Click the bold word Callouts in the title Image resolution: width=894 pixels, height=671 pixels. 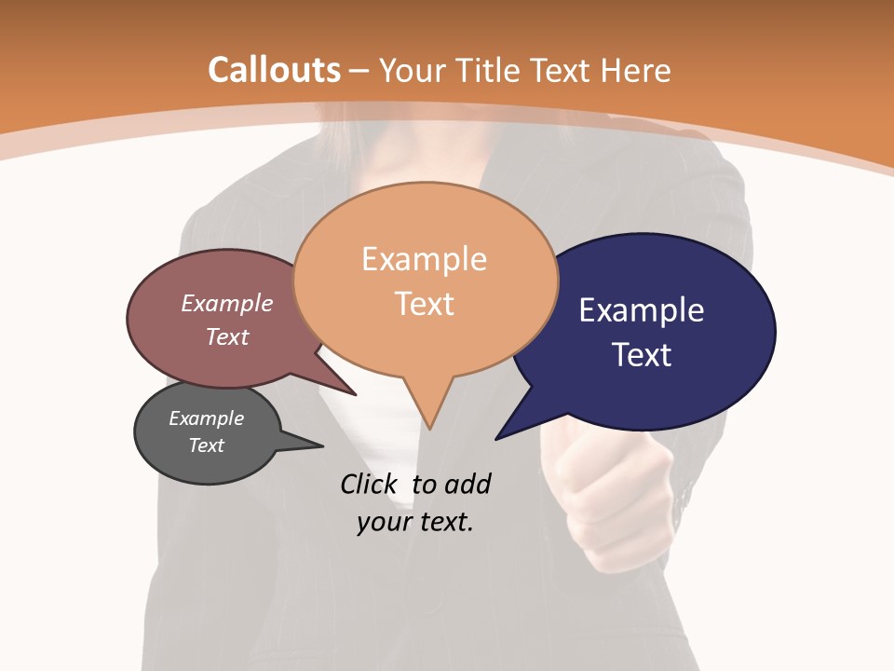tap(275, 70)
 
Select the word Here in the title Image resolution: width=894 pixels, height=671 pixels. tap(636, 70)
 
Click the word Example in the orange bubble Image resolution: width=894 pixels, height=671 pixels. tap(424, 259)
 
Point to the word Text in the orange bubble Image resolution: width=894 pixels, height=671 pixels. tap(424, 304)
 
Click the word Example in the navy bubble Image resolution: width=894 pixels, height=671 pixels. tap(642, 310)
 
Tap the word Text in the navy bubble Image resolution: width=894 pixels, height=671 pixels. tap(642, 355)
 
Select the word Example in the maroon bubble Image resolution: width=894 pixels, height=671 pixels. tap(227, 303)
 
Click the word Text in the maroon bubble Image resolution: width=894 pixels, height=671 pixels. tap(227, 336)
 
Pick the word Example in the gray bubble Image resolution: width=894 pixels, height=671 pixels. tap(206, 418)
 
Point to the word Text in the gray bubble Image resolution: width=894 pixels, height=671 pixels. tap(206, 445)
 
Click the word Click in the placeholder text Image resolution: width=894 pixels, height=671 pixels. tap(368, 485)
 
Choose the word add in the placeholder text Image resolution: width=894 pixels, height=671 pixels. tap(467, 485)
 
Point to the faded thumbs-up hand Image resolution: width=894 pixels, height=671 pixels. tap(605, 494)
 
